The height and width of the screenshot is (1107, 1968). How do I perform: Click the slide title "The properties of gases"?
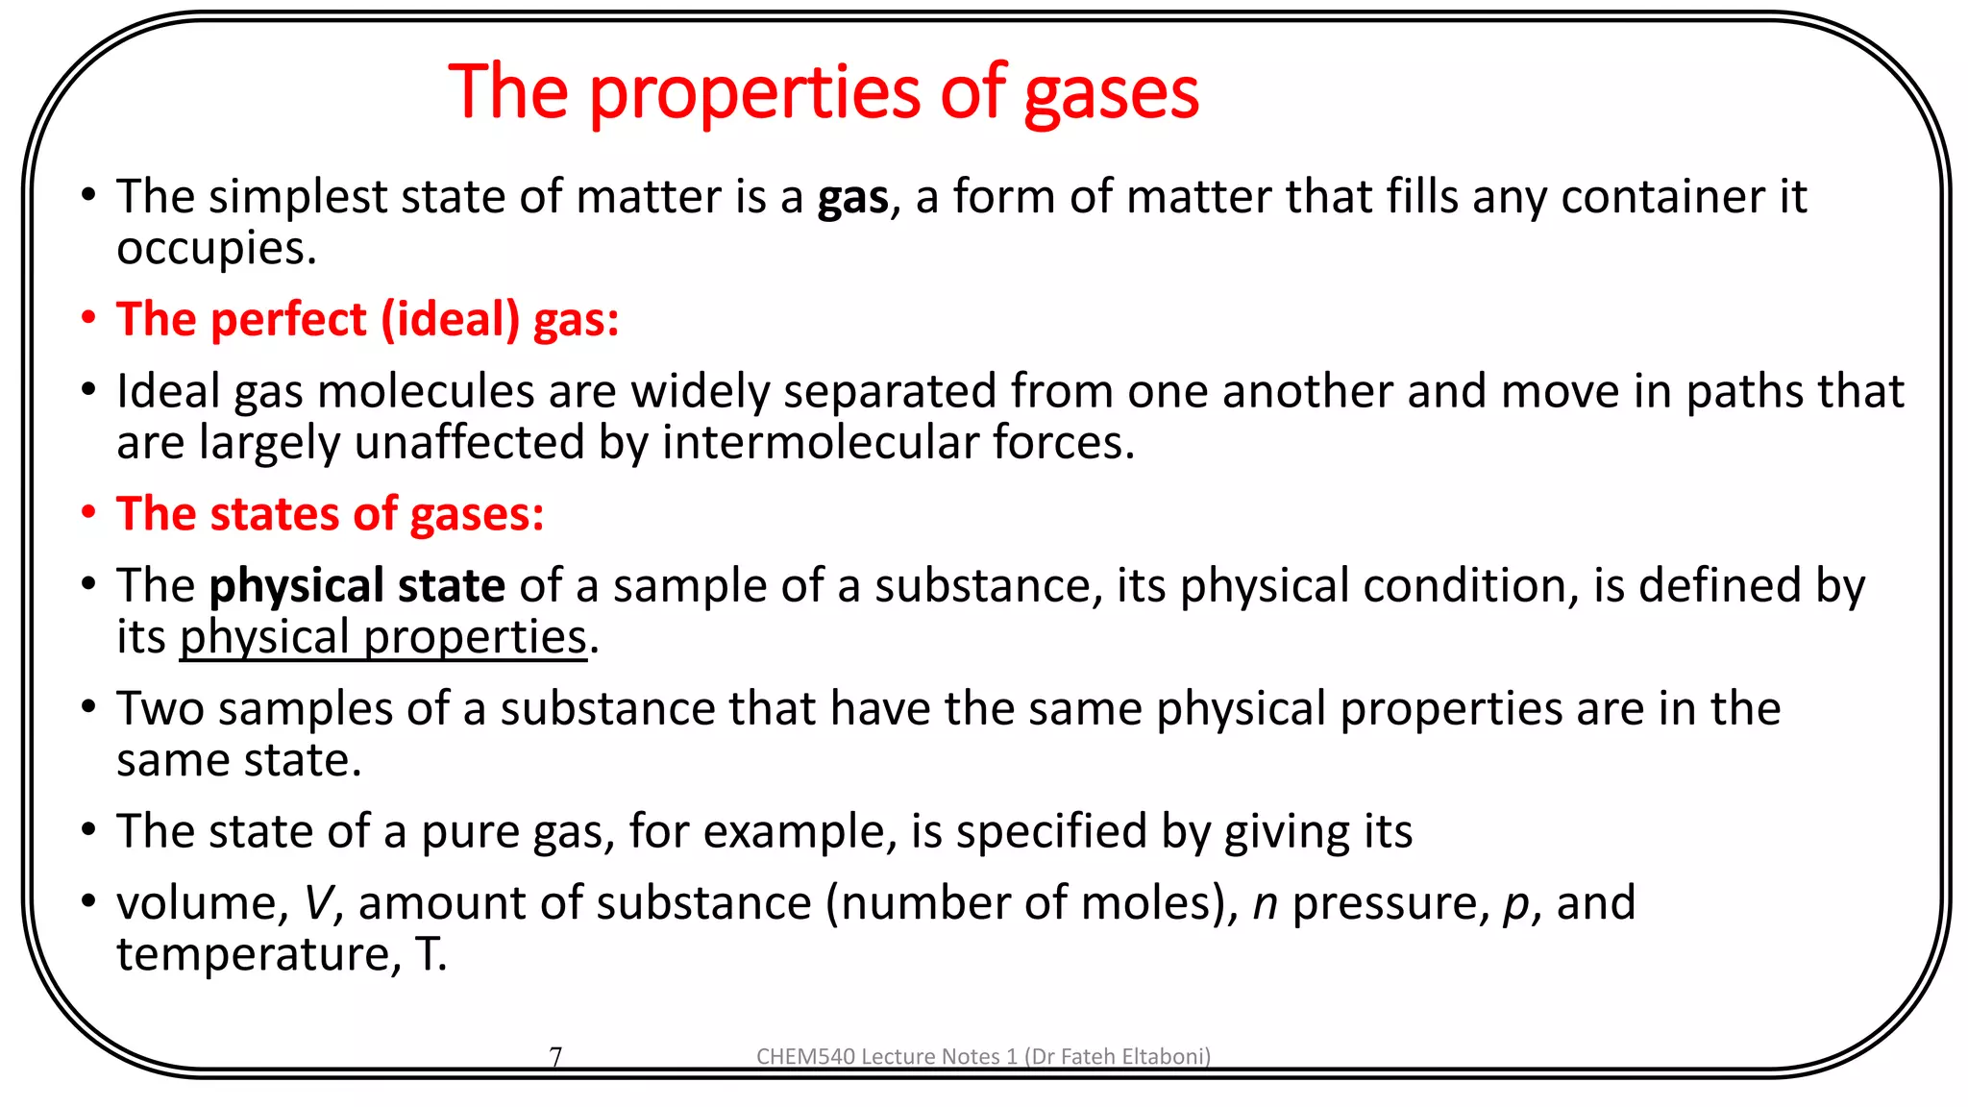pos(824,92)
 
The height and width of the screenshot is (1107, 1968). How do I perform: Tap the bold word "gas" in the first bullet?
pos(852,198)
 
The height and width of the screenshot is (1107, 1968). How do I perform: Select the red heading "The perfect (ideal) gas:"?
pos(367,319)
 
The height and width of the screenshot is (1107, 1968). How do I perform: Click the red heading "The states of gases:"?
pos(330,514)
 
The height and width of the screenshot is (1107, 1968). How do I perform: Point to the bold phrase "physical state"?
pos(357,586)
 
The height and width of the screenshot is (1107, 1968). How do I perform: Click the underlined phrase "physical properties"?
pos(382,638)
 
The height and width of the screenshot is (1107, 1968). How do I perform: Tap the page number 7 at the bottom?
pos(555,1057)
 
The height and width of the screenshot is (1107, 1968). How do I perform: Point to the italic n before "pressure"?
pos(1265,904)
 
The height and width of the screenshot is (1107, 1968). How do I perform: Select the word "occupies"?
pos(215,249)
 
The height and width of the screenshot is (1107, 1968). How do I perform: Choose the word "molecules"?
pos(425,392)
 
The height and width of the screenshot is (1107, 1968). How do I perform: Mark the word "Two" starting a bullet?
pos(160,709)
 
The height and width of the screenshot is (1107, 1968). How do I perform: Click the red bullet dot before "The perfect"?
pos(88,318)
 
